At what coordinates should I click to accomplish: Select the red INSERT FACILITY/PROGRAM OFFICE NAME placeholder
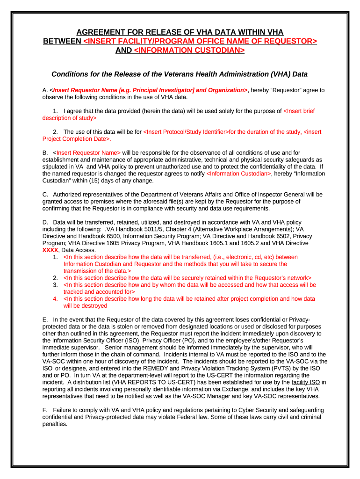(x=200, y=41)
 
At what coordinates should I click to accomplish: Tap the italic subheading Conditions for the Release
(x=180, y=74)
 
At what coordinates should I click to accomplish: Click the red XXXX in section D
(x=50, y=250)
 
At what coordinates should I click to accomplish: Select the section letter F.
(x=44, y=410)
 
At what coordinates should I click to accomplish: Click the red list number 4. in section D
(x=55, y=298)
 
